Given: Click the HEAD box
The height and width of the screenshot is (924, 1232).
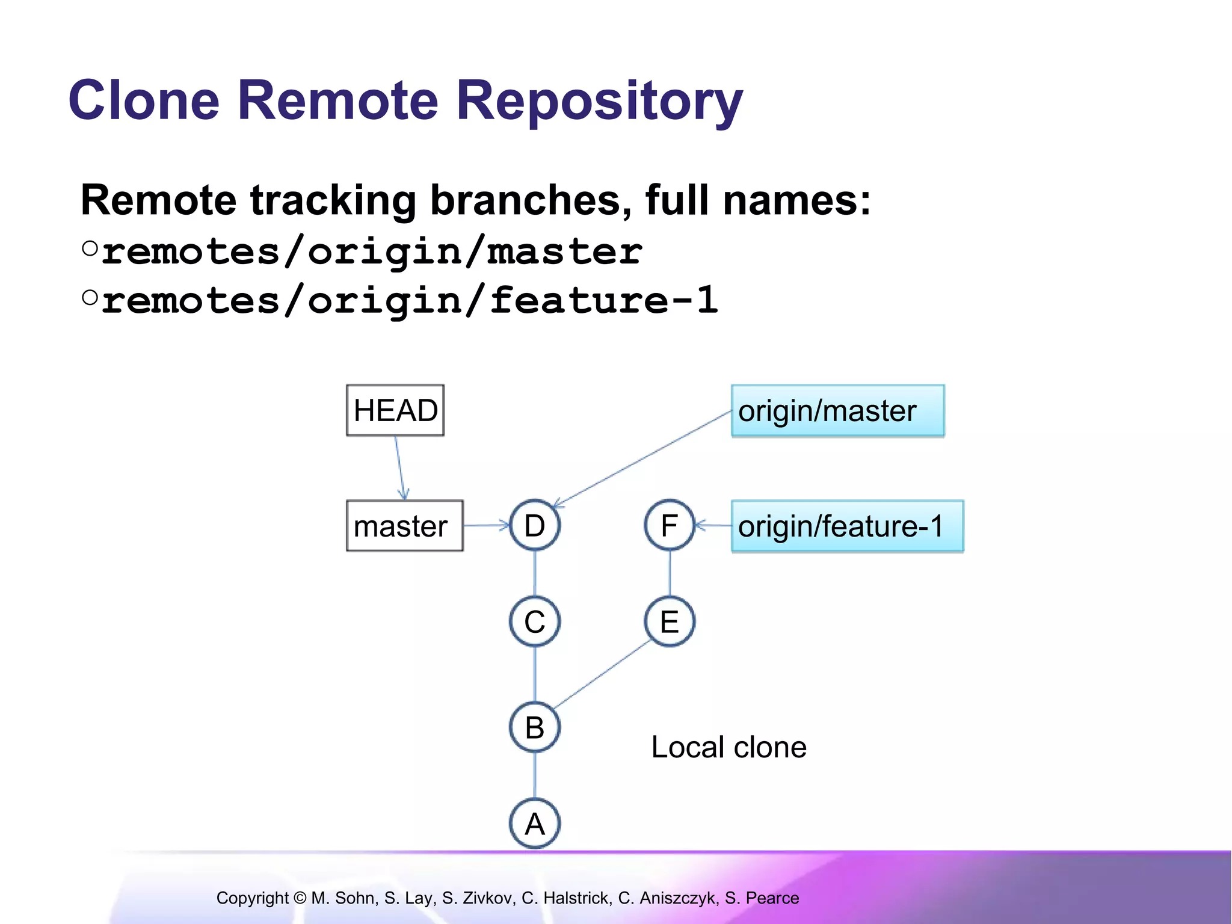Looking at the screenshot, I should point(395,410).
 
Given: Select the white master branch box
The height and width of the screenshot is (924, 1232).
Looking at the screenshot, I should point(404,526).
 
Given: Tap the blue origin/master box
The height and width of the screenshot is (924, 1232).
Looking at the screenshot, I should point(837,411).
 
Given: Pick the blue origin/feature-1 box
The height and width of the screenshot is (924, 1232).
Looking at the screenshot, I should point(847,526).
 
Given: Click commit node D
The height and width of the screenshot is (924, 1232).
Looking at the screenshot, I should point(535,526).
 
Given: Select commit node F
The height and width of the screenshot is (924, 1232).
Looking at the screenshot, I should point(670,526).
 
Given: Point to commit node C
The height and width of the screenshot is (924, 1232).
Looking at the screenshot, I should point(535,621).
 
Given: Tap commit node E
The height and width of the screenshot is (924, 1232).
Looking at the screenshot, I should point(670,621).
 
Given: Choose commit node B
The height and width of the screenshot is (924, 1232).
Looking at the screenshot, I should point(535,727).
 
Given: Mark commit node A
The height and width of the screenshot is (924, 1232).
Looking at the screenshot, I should point(535,824).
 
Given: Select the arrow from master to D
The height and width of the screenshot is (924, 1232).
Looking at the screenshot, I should point(486,526).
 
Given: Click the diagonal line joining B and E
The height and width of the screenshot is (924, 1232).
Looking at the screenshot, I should point(602,674).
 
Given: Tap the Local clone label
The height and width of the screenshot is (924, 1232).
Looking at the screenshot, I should point(728,747).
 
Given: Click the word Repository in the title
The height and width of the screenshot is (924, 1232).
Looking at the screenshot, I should point(599,101).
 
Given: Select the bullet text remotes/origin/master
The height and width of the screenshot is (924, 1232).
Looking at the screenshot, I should point(372,251).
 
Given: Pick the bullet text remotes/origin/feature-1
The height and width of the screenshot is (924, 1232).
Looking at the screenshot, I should point(409,301).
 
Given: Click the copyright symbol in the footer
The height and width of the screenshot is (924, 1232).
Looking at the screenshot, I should point(300,898).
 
